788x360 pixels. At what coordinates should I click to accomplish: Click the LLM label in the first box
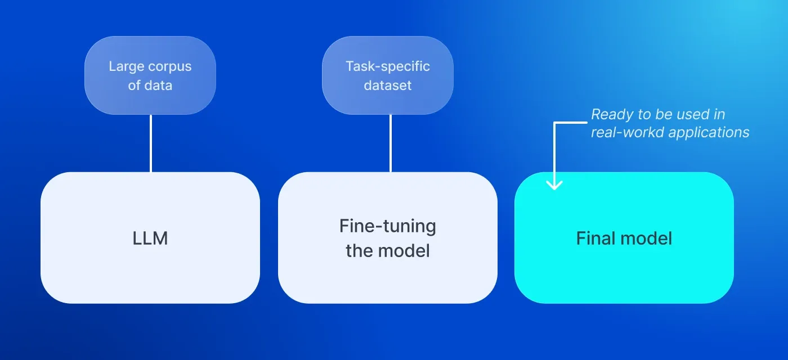pos(150,238)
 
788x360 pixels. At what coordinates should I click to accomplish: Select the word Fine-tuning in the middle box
pos(387,227)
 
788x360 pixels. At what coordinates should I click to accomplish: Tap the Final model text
pos(624,238)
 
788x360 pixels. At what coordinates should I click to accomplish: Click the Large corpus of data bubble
pos(150,75)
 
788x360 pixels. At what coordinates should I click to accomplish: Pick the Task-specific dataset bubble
pos(387,75)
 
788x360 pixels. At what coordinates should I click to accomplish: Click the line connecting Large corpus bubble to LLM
pos(150,143)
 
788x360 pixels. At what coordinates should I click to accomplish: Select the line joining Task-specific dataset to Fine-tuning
pos(390,143)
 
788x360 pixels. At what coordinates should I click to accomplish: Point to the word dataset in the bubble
pos(387,85)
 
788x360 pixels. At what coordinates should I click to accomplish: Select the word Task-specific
pos(387,66)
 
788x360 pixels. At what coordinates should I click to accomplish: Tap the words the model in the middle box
pos(387,250)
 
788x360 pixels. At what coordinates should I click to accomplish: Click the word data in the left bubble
pos(159,85)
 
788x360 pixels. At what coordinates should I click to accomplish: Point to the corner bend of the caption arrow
pos(555,123)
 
